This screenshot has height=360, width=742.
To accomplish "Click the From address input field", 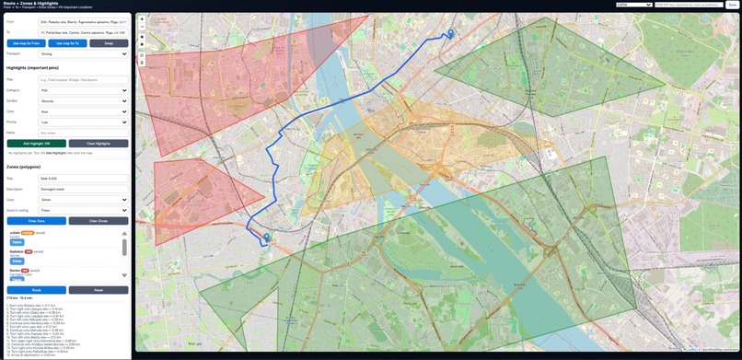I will pyautogui.click(x=83, y=21).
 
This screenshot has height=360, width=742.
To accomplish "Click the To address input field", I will pyautogui.click(x=83, y=32).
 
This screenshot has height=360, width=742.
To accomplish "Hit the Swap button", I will pyautogui.click(x=109, y=43).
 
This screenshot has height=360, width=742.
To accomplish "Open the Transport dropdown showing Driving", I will pyautogui.click(x=83, y=54).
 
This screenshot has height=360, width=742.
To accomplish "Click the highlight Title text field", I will pyautogui.click(x=83, y=80).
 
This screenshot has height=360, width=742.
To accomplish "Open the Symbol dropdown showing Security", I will pyautogui.click(x=83, y=100).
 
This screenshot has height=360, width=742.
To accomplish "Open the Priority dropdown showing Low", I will pyautogui.click(x=83, y=122).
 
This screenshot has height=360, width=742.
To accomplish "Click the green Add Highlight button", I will pyautogui.click(x=37, y=144).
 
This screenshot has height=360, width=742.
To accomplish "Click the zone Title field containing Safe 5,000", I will pyautogui.click(x=83, y=178).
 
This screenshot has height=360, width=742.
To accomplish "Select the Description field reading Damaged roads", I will pyautogui.click(x=83, y=189).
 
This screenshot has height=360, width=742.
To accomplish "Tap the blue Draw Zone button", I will pyautogui.click(x=37, y=221).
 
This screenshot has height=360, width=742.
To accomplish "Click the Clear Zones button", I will pyautogui.click(x=99, y=221).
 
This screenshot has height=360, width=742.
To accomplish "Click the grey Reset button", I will pyautogui.click(x=99, y=290).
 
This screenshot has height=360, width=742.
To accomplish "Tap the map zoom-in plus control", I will pyautogui.click(x=142, y=20).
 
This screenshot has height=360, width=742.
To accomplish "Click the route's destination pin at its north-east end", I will pyautogui.click(x=450, y=34).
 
